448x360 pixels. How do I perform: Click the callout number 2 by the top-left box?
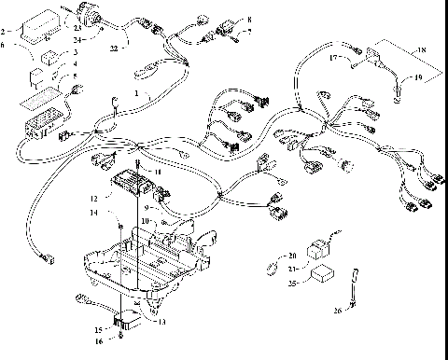5,32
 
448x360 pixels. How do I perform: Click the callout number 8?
249,19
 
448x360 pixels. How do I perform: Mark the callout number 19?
419,78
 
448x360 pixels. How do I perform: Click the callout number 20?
292,254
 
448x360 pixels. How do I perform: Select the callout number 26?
337,311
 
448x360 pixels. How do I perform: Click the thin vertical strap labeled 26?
356,284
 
